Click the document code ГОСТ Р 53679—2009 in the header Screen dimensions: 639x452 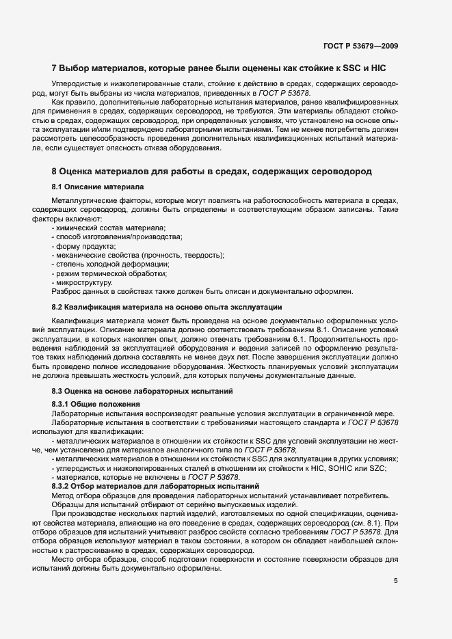click(x=360, y=46)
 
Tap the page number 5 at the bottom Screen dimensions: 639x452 click(x=395, y=581)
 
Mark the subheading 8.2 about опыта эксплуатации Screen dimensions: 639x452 click(x=167, y=307)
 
